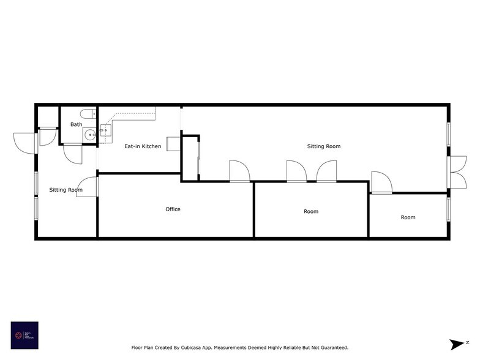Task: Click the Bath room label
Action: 76,124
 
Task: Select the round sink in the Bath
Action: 89,135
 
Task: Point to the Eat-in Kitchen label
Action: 143,146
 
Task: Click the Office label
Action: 173,209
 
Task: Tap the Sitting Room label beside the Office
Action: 66,190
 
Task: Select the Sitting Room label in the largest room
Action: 323,146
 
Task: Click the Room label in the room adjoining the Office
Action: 311,212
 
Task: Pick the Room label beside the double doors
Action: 408,217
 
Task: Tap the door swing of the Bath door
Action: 72,153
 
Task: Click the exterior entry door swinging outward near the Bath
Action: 24,142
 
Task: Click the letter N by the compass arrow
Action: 467,342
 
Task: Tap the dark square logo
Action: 24,336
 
